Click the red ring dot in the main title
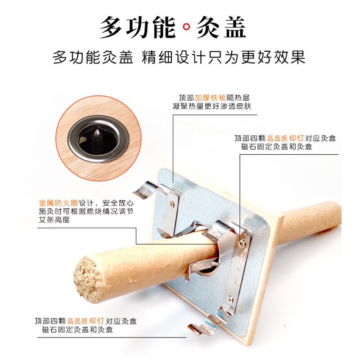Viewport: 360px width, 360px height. [186, 27]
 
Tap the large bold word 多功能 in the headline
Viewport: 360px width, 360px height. [138, 27]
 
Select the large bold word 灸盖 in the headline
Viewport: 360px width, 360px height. [221, 27]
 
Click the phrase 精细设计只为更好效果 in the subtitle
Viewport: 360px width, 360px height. [223, 57]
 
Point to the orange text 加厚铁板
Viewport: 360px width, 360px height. [210, 98]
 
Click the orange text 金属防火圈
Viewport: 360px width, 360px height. [58, 203]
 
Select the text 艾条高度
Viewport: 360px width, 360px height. [54, 220]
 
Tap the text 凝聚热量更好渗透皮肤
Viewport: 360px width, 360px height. [212, 106]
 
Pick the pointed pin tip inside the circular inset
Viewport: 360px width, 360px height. [97, 132]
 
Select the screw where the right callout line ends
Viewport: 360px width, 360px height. [241, 243]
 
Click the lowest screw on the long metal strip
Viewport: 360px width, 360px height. [230, 299]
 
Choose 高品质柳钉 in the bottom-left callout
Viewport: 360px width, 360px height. [85, 321]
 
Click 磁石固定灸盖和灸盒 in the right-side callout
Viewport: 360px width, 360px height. [277, 147]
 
